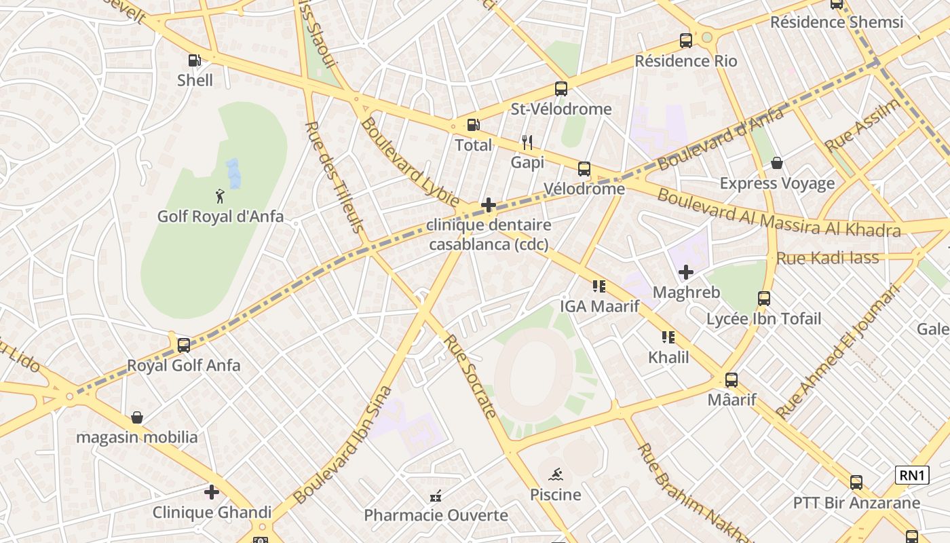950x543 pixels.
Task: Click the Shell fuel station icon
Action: coord(195,60)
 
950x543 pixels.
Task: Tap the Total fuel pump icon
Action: coord(473,125)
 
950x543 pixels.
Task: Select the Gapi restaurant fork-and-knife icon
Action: coord(527,143)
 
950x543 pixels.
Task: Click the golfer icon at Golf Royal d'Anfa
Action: coord(220,197)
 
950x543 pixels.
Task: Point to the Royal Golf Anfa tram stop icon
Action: coord(183,345)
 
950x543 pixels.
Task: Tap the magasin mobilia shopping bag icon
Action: coord(137,417)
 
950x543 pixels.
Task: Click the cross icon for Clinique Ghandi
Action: coord(212,492)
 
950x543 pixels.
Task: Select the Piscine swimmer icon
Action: coord(556,474)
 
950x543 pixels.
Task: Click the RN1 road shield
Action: coord(912,475)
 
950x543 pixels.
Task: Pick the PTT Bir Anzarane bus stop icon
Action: coord(856,483)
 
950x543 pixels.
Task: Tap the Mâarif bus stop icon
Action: coord(731,380)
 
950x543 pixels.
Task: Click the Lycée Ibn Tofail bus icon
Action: coord(764,299)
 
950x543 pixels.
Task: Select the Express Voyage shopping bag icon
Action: coord(777,164)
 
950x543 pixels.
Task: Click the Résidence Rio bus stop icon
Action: coord(686,41)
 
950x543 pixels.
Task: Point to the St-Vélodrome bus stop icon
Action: coord(560,89)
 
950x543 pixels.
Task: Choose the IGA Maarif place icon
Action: coord(598,286)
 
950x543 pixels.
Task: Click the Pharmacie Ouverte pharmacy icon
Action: coord(436,496)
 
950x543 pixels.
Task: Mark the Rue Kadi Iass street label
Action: coord(827,258)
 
